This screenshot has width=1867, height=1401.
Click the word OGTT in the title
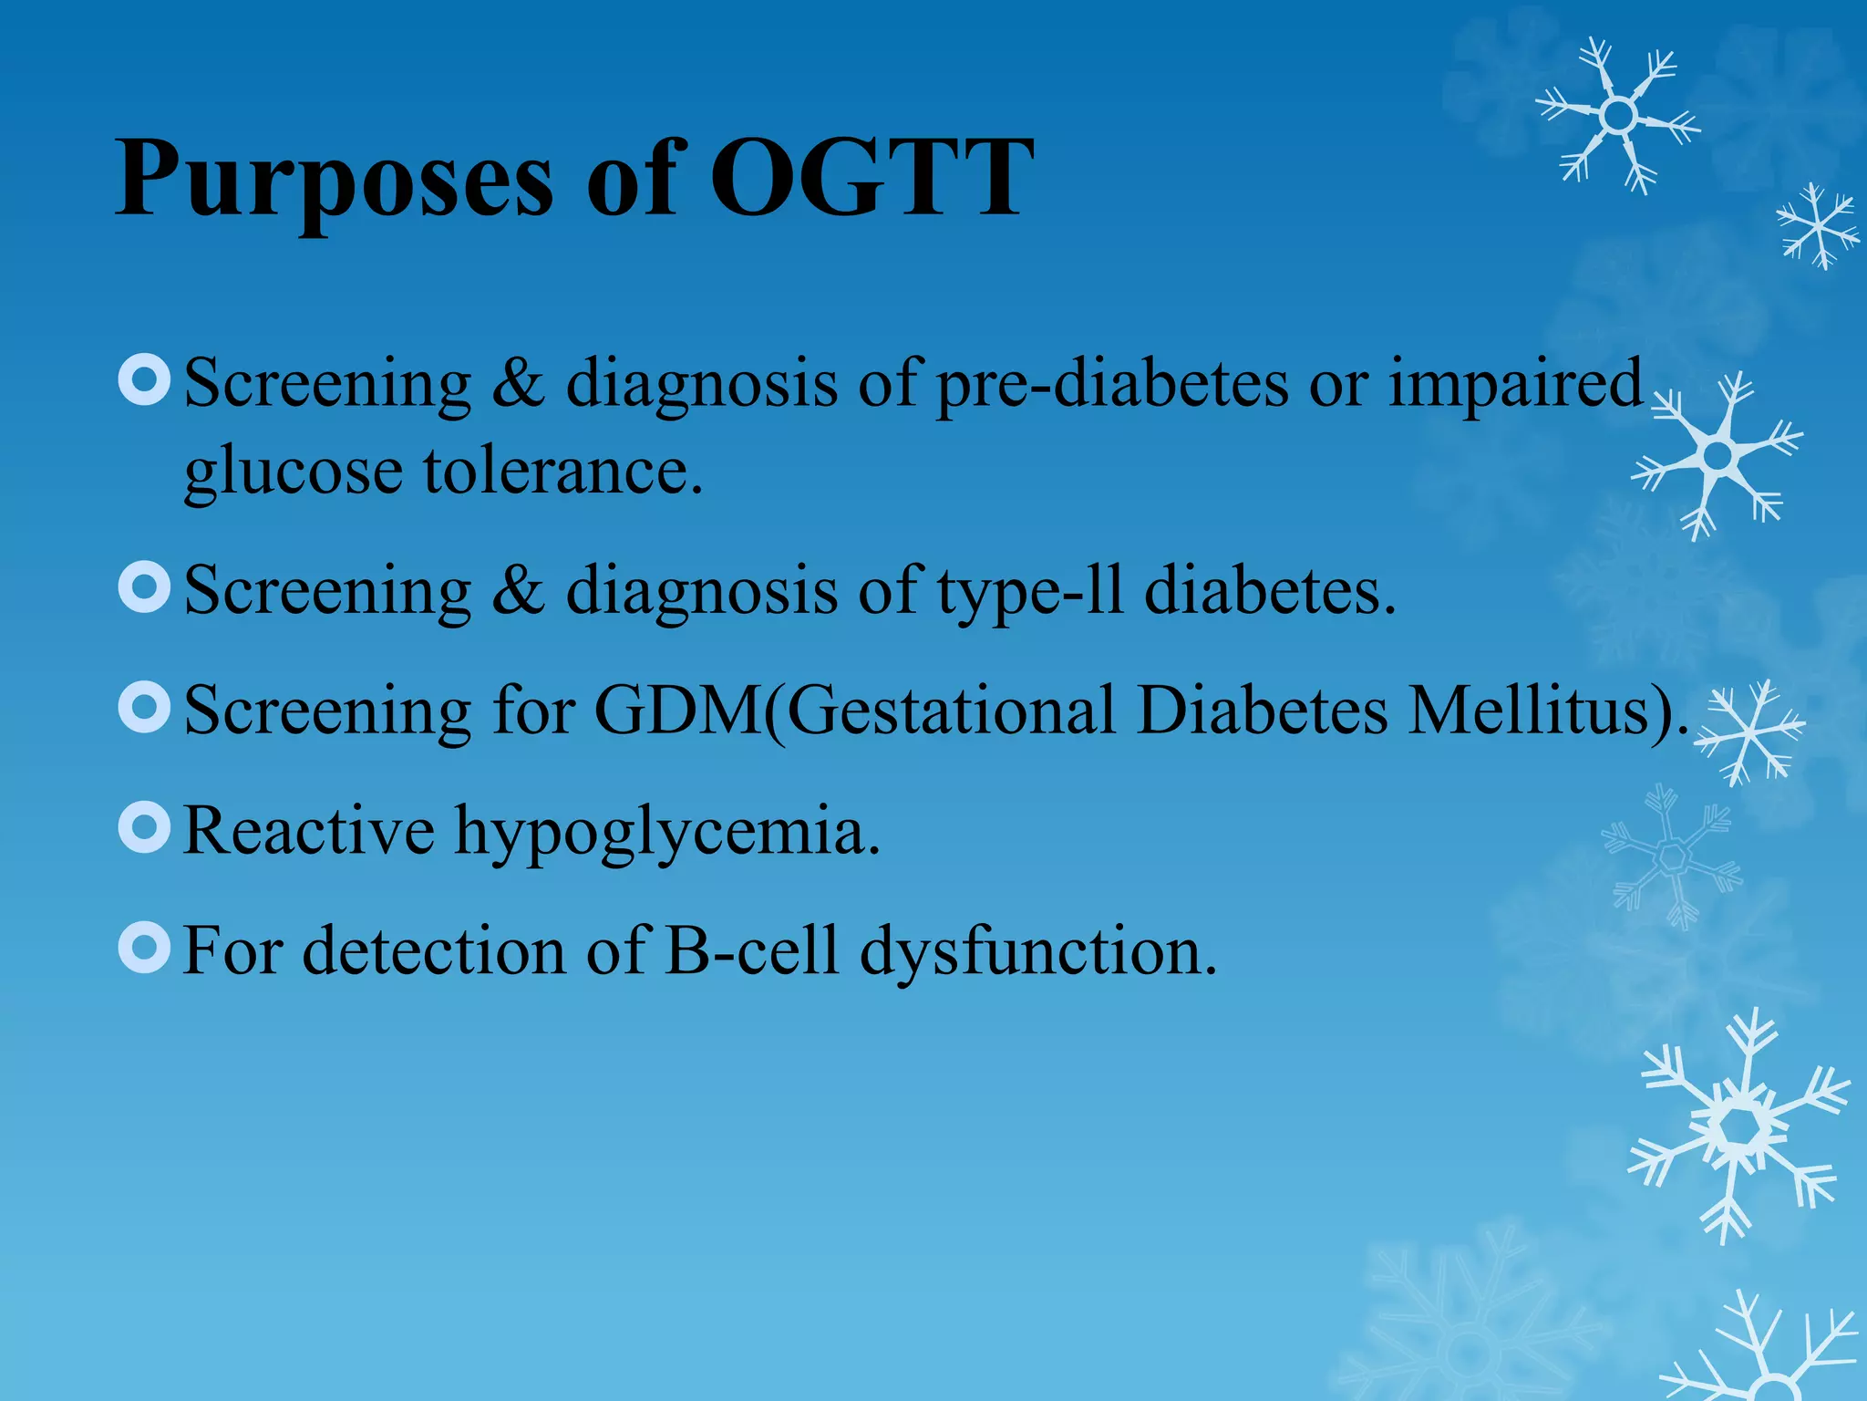tap(871, 178)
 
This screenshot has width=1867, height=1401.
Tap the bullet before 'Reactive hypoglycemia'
tap(145, 827)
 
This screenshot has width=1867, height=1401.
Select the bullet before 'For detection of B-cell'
tap(145, 947)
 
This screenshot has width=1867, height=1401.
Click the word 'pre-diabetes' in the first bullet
tap(1112, 383)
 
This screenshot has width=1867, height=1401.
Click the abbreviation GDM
tap(678, 710)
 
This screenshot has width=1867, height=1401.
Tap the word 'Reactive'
tap(309, 830)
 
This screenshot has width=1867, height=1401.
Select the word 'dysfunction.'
tap(1038, 952)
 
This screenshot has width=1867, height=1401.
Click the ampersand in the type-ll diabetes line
tap(519, 591)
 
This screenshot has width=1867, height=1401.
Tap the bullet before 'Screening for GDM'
tap(145, 707)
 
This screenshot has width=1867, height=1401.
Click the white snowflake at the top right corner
tap(1617, 116)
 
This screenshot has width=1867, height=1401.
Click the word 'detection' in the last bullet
tap(433, 950)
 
